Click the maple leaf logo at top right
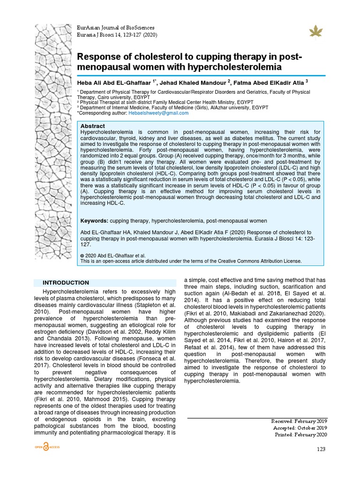[313, 31]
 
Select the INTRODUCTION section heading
[66, 283]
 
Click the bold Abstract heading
[93, 126]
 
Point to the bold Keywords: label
[94, 221]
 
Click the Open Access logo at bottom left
[47, 448]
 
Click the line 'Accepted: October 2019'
[300, 427]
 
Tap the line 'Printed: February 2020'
[301, 435]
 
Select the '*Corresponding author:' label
[102, 113]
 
